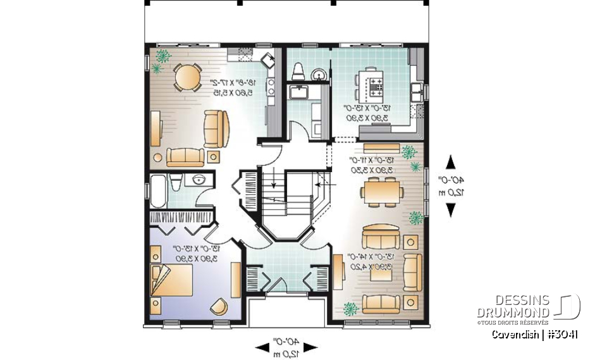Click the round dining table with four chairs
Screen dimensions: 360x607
(x=185, y=78)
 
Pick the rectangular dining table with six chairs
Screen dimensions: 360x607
(x=382, y=191)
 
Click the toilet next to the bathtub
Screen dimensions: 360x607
(x=176, y=182)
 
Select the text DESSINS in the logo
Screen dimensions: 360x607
(x=524, y=301)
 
